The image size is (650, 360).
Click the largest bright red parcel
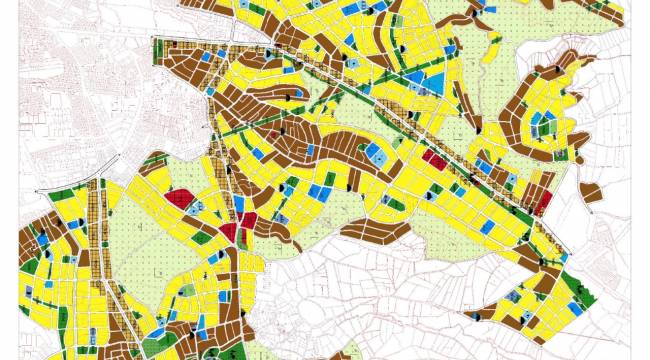(180, 197)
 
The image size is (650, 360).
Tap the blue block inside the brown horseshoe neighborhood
(543, 125)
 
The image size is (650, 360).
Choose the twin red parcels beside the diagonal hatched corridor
(434, 158)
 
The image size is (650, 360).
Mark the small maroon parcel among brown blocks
(272, 135)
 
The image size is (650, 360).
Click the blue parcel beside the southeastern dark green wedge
(520, 317)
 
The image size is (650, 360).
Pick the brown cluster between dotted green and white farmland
(380, 232)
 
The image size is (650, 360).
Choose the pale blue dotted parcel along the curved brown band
(377, 153)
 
